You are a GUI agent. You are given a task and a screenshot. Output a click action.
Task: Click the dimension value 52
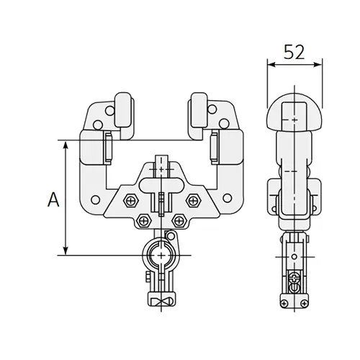click(x=293, y=52)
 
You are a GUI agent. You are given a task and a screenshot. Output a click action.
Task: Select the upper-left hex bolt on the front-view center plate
click(x=130, y=199)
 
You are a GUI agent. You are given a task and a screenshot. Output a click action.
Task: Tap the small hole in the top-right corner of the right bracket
click(x=214, y=112)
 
